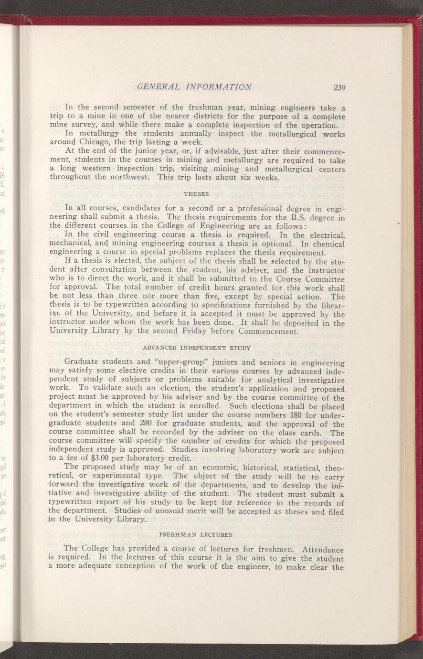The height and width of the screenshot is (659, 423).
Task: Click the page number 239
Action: tap(340, 87)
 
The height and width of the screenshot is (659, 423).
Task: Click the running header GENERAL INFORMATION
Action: tap(194, 87)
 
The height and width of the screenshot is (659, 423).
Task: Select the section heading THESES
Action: tap(195, 194)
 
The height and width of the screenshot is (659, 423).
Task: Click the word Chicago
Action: tap(93, 142)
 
